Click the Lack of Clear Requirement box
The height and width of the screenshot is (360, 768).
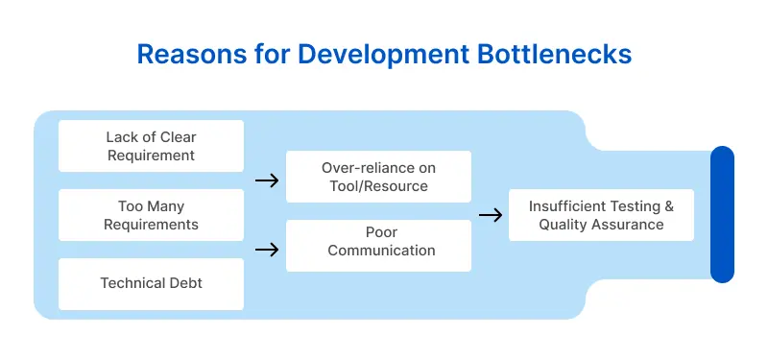click(x=151, y=146)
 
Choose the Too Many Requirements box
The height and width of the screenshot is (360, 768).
click(x=151, y=215)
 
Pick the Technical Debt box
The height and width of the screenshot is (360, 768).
click(x=151, y=284)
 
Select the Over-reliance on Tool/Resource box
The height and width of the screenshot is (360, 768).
click(x=378, y=177)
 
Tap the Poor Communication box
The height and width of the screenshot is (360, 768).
click(x=378, y=242)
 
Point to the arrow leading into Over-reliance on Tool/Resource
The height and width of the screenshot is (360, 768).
click(x=266, y=180)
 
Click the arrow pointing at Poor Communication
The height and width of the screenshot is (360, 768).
click(x=266, y=250)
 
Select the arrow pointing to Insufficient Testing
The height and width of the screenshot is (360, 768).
click(x=490, y=215)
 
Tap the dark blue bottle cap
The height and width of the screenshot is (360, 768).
click(x=722, y=215)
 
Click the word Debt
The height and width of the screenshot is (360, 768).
click(x=181, y=284)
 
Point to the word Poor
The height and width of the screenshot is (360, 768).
click(x=381, y=233)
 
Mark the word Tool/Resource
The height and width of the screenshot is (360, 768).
click(x=378, y=185)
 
